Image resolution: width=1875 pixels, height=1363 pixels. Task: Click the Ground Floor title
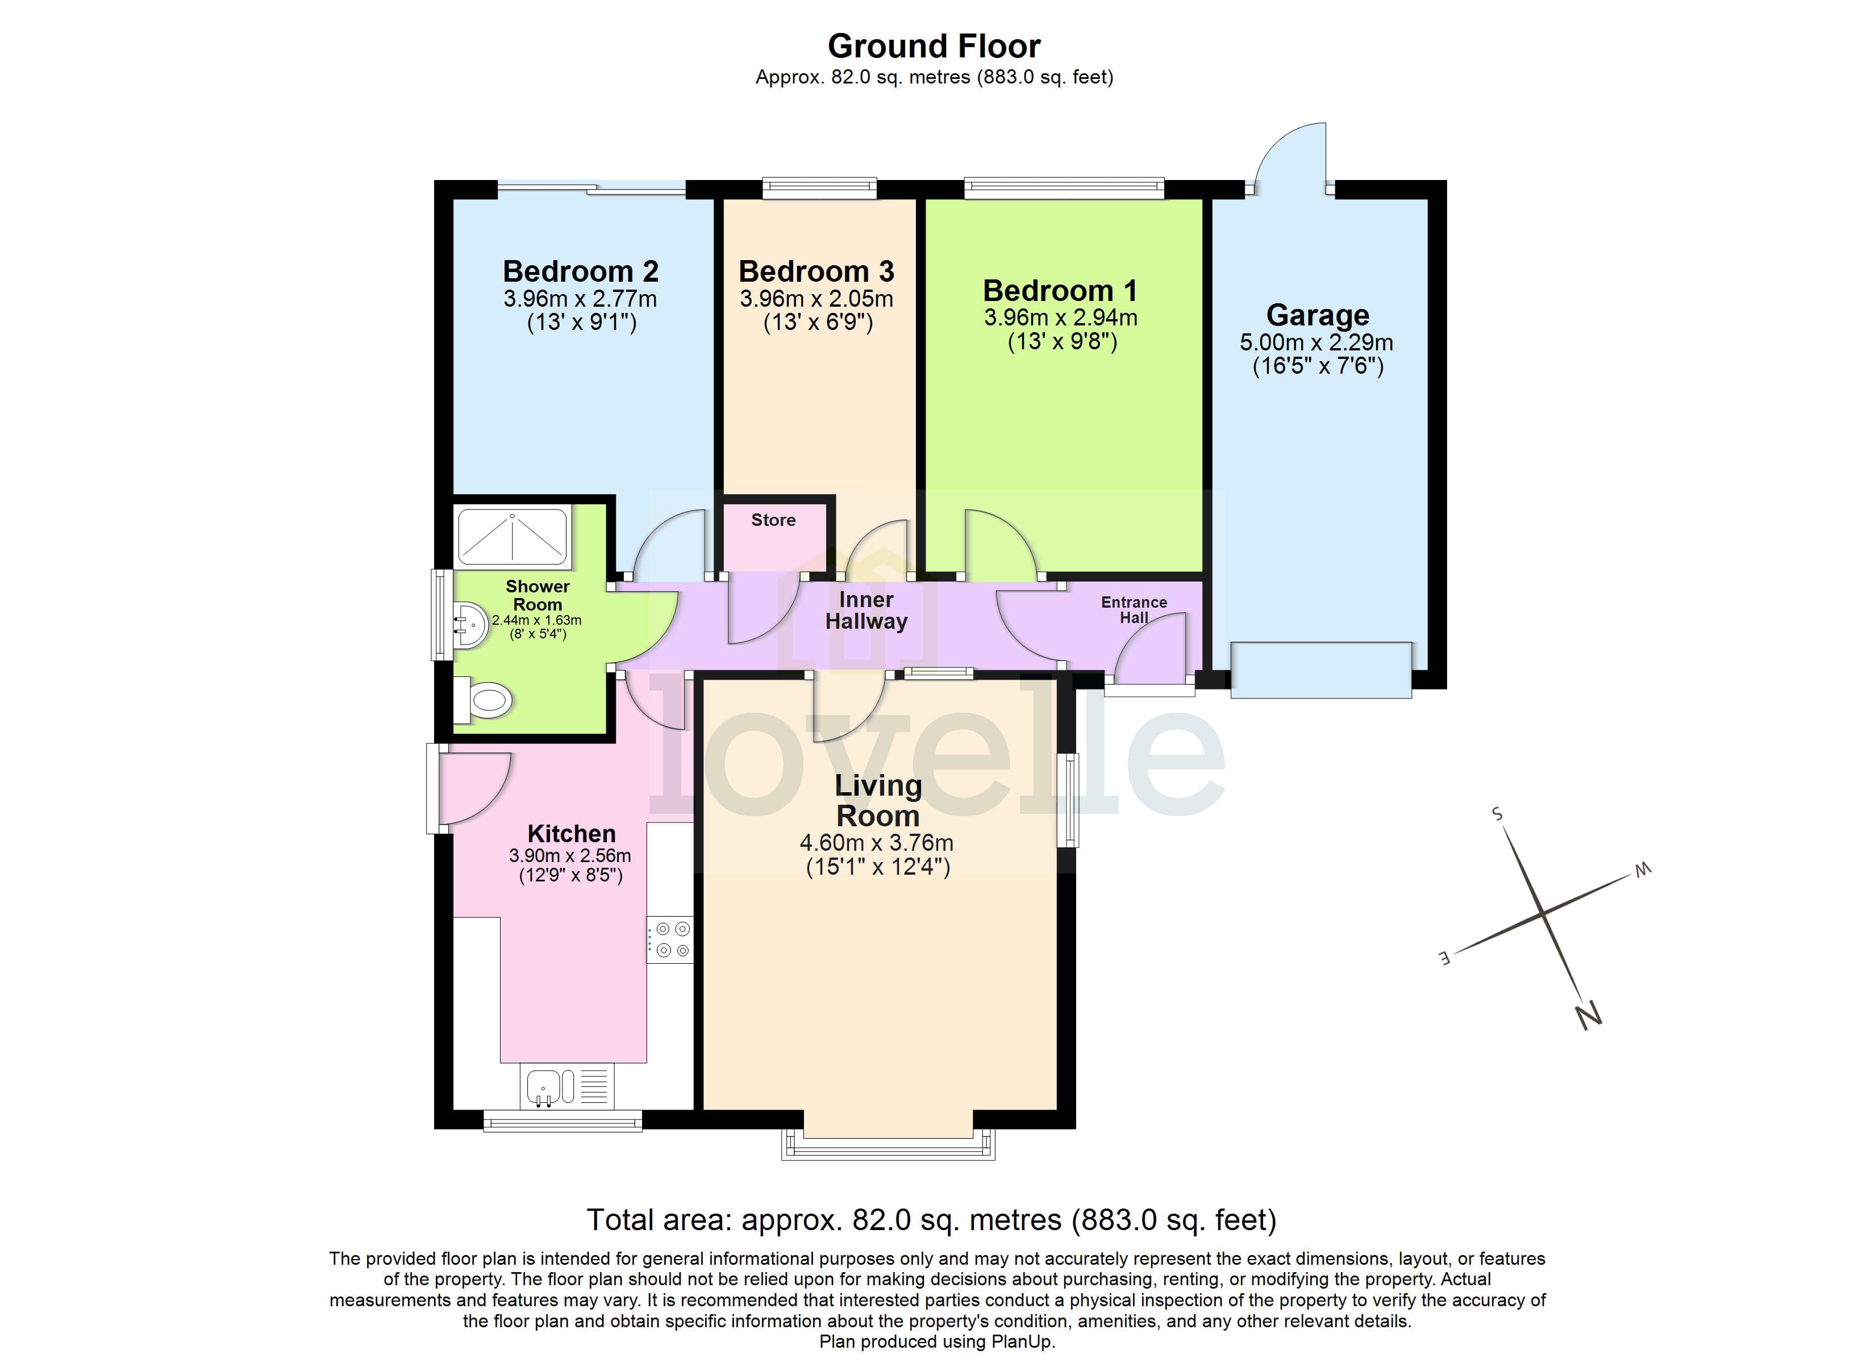pos(934,47)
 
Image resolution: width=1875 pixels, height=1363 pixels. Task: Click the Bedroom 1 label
pos(1060,291)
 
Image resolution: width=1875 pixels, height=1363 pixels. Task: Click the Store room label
pos(773,520)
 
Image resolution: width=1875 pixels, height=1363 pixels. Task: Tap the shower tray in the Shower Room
pos(512,537)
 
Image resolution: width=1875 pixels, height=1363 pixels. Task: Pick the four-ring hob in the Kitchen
pos(670,940)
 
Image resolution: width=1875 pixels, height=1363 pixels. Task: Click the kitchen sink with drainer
pos(567,1086)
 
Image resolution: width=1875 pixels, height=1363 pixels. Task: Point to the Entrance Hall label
pos(1134,610)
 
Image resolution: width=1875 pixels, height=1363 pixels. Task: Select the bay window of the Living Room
pos(888,1145)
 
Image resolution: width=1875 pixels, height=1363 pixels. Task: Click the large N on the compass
pos(1588,1015)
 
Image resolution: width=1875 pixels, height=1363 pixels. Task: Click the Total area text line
pos(932,1220)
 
